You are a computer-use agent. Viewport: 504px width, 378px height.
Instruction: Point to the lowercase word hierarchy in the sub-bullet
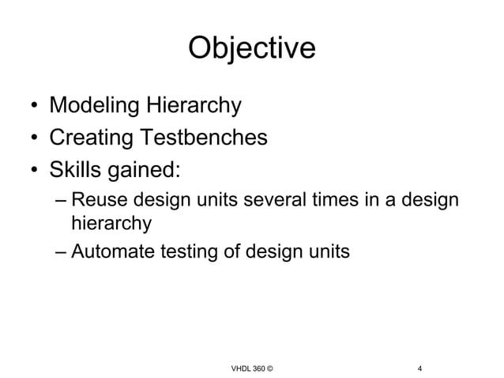coord(111,225)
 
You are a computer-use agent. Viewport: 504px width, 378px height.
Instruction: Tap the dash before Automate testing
coord(62,253)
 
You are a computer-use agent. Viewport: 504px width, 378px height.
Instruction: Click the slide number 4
coord(419,346)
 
